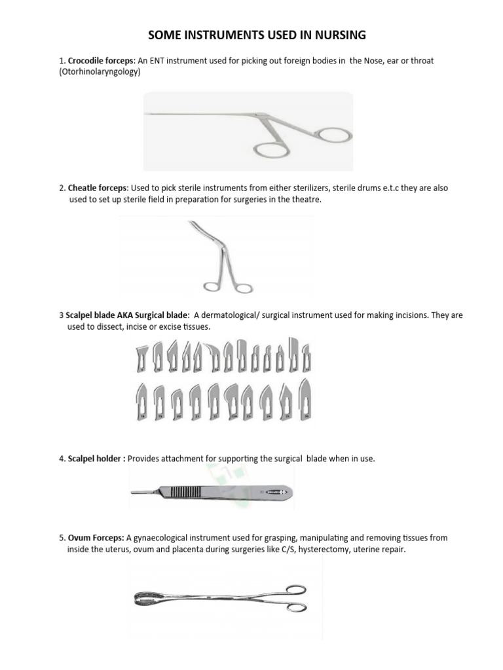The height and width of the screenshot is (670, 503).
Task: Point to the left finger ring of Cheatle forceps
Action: (x=212, y=287)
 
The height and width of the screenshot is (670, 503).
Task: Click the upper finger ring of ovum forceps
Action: (x=293, y=588)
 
